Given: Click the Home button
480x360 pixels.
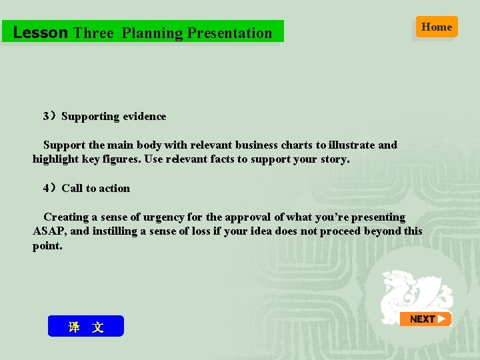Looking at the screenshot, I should [x=437, y=27].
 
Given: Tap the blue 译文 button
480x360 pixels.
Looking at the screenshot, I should [x=86, y=327].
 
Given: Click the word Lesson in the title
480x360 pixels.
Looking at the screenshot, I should [x=41, y=33].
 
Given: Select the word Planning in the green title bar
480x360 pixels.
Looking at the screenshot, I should [x=152, y=33].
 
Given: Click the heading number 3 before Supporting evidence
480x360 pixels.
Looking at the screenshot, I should [x=46, y=117].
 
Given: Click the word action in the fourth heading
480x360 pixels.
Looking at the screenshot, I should [x=115, y=189].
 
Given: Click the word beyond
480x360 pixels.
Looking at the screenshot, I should [x=379, y=231].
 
